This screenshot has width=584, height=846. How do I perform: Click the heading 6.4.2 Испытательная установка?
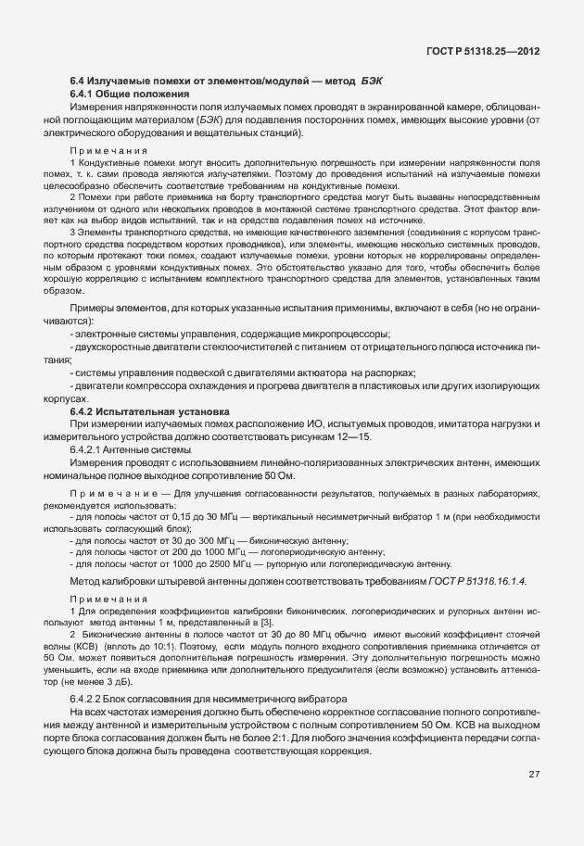pyautogui.click(x=150, y=410)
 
